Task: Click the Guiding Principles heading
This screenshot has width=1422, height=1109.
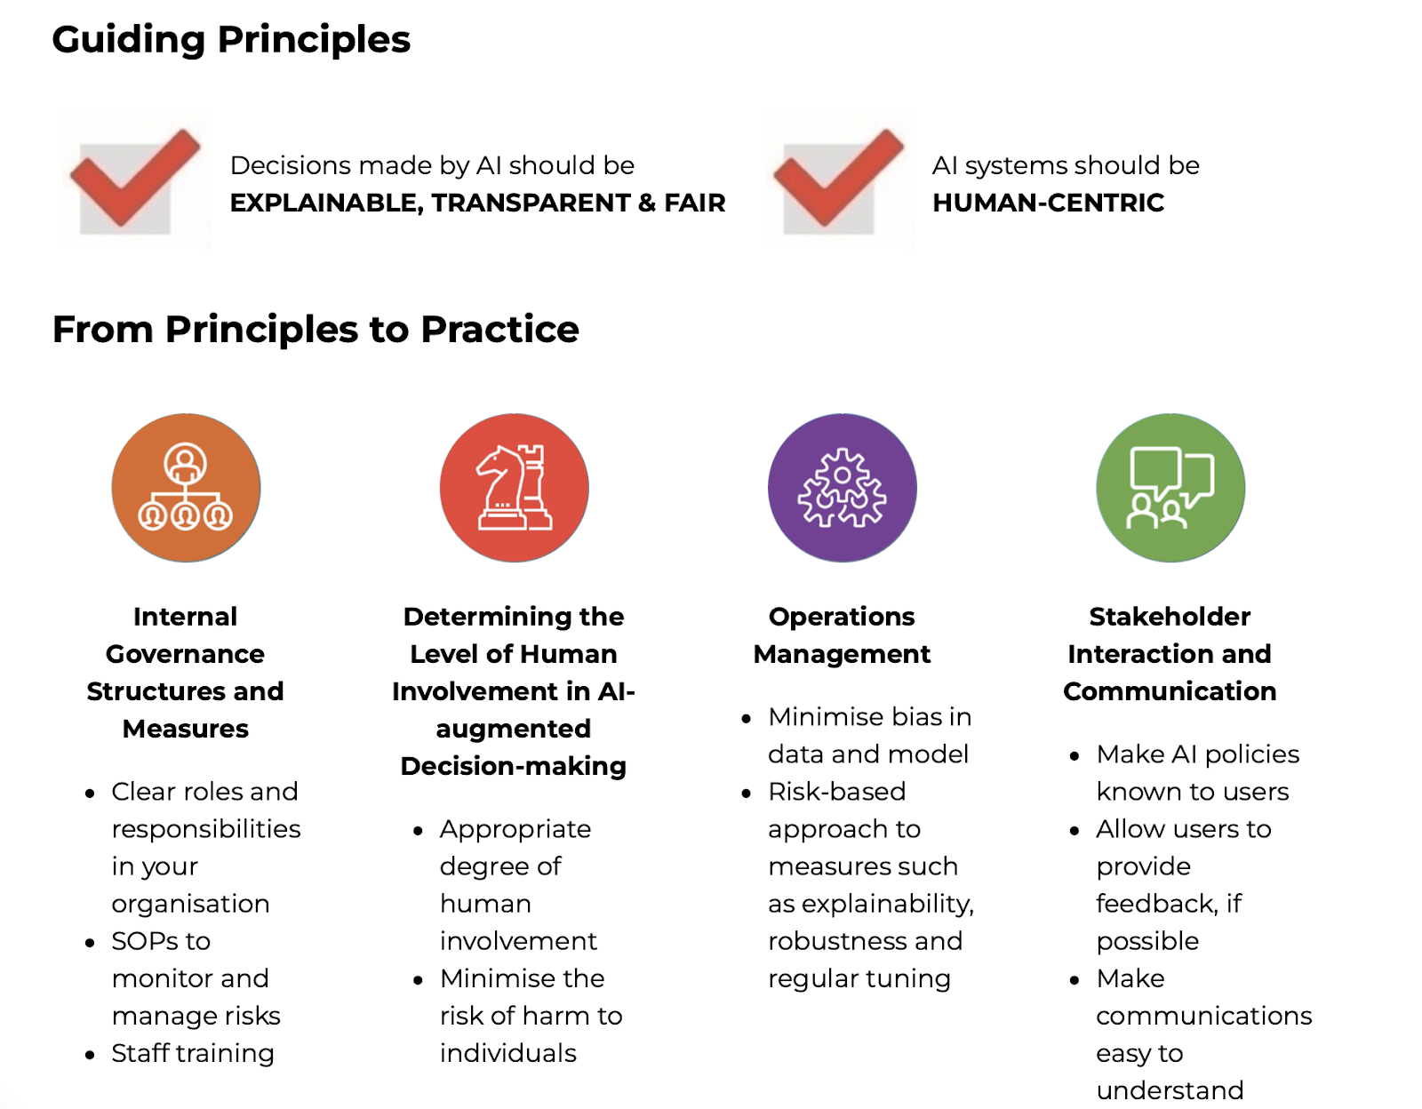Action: coord(231,40)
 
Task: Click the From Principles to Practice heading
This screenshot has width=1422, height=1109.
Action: coord(316,329)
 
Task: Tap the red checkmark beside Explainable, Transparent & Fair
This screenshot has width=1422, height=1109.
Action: coord(135,178)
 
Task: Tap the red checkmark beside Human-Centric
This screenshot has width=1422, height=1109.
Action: coord(838,178)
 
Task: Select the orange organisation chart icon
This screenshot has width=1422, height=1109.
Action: coord(186,488)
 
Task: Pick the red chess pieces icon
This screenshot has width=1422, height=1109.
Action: coord(515,488)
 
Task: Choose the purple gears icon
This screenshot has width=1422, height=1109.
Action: coord(843,488)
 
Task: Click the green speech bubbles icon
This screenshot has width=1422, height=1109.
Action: coord(1170,488)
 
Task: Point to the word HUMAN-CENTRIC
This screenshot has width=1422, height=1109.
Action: coord(1049,203)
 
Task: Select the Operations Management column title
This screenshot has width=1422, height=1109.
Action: coord(843,635)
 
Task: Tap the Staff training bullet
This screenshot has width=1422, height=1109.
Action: coord(192,1053)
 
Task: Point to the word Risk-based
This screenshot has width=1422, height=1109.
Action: coord(837,792)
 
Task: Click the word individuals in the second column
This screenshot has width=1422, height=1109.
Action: coord(507,1053)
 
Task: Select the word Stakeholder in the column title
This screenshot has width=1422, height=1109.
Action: coord(1170,617)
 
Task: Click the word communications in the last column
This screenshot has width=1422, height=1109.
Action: coord(1204,1016)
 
